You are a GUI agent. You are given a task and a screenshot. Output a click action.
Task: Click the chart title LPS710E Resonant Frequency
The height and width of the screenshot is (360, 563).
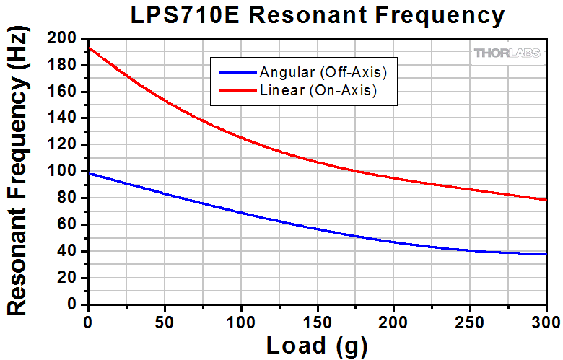click(317, 14)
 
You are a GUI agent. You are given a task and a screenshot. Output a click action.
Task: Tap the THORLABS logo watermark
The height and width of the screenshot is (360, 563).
click(509, 53)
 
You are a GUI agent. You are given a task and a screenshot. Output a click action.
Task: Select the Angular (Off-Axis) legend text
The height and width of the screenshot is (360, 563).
click(323, 72)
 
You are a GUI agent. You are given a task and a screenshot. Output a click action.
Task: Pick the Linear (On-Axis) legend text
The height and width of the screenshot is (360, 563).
click(318, 91)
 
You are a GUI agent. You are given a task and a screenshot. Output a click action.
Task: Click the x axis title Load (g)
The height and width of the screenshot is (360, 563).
click(317, 346)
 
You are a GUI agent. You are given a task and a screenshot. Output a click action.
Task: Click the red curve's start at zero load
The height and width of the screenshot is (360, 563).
click(88, 48)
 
